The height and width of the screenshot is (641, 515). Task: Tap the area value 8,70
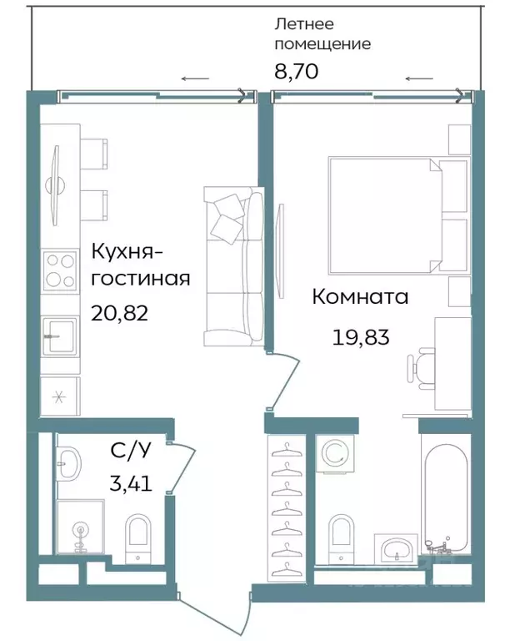(x=296, y=72)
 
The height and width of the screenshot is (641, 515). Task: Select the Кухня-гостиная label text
(x=140, y=265)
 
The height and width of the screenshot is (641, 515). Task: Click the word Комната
(x=360, y=296)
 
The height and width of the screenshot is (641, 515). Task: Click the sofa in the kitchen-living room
(x=233, y=265)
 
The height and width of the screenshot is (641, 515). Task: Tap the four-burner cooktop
(x=60, y=270)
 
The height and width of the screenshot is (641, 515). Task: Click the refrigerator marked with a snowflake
(x=59, y=396)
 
